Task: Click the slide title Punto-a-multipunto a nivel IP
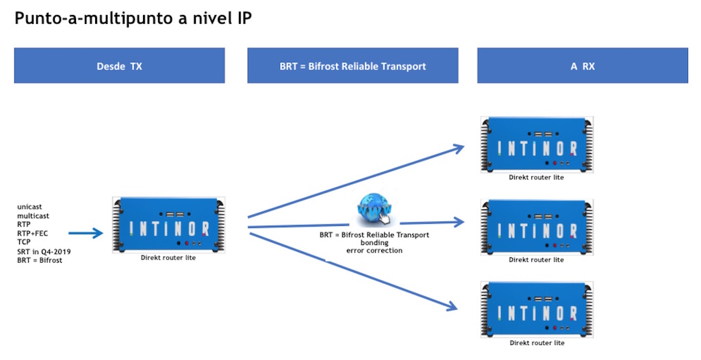click(133, 18)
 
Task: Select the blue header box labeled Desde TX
click(119, 65)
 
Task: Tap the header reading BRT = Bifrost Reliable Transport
click(353, 65)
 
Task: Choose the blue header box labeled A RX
click(583, 65)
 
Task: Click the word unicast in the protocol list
click(29, 207)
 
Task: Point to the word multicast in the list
click(33, 216)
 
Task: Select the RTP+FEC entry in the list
click(32, 233)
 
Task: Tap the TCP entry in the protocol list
click(24, 242)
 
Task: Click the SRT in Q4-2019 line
click(44, 251)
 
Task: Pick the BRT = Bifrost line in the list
click(40, 260)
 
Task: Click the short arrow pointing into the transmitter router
click(86, 233)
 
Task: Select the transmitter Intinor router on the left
click(168, 225)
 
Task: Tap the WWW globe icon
click(374, 208)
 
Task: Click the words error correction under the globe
click(374, 250)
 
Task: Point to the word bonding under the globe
click(374, 243)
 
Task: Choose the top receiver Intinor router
click(537, 144)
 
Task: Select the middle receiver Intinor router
click(537, 227)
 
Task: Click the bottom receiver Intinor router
click(537, 309)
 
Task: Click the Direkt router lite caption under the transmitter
click(168, 257)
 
